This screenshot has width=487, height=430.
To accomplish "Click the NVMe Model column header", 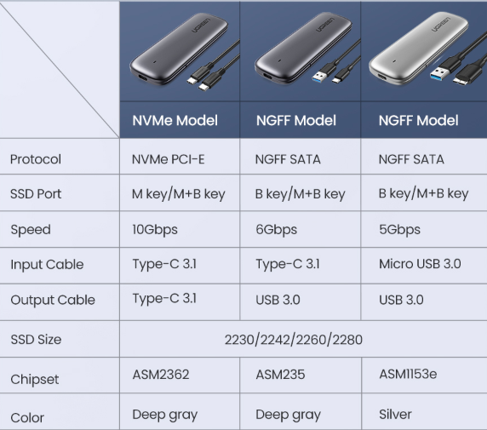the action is coord(175,121).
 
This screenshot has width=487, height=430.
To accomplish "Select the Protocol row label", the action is coord(36,159).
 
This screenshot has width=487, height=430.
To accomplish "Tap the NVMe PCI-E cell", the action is coord(168,159).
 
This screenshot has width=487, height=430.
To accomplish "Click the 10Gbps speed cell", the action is coord(155,230).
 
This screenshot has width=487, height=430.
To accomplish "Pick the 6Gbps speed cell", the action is coord(276,230).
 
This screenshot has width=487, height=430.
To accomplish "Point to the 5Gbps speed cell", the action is coord(399,230).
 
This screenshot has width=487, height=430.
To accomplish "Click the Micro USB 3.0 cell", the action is coord(420,264).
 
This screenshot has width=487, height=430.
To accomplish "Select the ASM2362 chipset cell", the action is coord(161,375).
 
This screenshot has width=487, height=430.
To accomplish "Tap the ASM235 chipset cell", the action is coord(280,375).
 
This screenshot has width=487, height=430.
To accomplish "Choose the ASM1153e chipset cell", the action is coord(408,374).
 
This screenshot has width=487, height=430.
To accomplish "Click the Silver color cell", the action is coord(395,414).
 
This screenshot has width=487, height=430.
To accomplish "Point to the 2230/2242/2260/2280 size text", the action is coord(293,340).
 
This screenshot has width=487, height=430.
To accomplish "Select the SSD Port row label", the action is coord(36,194).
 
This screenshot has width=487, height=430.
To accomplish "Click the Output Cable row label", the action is coord(53,300).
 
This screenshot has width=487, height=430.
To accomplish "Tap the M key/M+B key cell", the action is coord(178,194).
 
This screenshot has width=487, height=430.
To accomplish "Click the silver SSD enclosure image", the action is coord(418,49).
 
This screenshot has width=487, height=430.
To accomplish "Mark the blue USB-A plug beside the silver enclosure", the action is coord(439,73).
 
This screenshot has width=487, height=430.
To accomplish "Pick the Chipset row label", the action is coord(34,380).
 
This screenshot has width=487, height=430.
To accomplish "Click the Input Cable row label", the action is coord(47,265).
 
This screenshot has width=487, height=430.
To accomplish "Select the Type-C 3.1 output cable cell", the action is coord(164,299).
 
